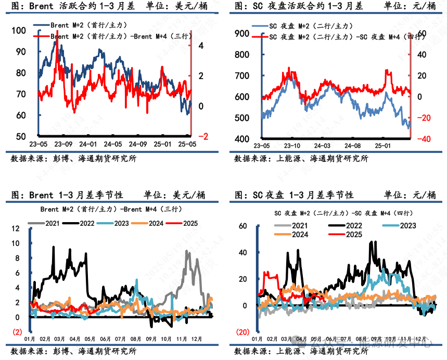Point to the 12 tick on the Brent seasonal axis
click(16, 228)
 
